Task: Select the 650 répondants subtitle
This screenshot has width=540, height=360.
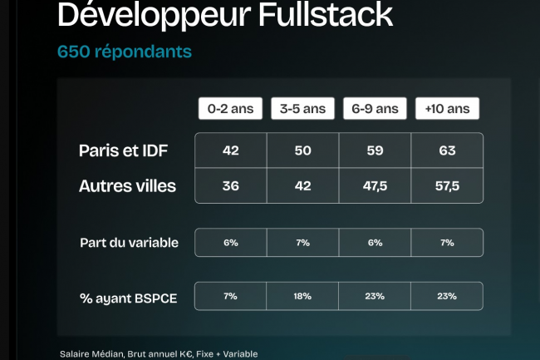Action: (x=124, y=52)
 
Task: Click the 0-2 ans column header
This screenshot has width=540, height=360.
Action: (x=230, y=109)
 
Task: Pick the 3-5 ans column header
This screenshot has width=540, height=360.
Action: (x=302, y=109)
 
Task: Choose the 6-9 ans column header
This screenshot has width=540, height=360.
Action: (x=375, y=109)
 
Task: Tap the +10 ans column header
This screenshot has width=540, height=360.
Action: (x=447, y=109)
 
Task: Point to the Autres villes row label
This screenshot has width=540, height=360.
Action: (x=127, y=185)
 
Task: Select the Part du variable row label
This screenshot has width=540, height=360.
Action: (x=129, y=243)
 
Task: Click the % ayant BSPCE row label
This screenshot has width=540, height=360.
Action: (x=129, y=296)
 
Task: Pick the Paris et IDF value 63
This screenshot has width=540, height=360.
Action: (x=447, y=150)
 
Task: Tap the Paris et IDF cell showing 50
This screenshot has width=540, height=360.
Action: (x=302, y=150)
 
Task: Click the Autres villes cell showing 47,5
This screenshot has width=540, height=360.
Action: (x=375, y=186)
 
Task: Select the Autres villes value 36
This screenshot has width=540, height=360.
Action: (x=230, y=186)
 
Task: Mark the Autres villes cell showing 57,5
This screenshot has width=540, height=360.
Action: (x=447, y=186)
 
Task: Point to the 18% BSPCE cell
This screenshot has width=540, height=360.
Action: (x=302, y=296)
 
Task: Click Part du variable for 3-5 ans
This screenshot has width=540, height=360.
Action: (x=302, y=243)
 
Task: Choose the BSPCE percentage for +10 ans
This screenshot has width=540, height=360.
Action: (x=447, y=296)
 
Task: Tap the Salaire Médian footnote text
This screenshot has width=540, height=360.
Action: (x=158, y=353)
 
